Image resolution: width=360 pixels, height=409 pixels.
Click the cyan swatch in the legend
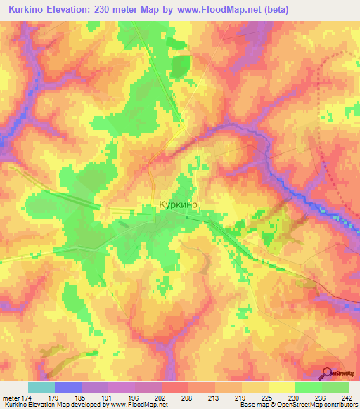[41, 387]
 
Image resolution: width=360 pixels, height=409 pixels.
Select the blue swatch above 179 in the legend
[67, 387]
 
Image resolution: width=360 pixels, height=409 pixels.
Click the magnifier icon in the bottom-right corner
[327, 373]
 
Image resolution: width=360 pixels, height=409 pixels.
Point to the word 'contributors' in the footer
[338, 405]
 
